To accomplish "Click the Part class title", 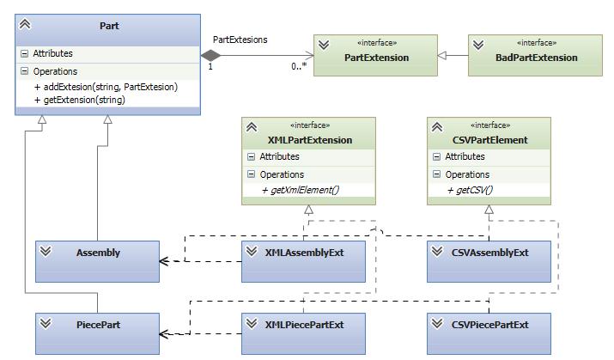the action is (x=109, y=26).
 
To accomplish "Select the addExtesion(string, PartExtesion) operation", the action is (x=106, y=87).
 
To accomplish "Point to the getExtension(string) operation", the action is (x=80, y=100).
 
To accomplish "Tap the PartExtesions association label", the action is (x=240, y=40).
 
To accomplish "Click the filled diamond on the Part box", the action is (x=210, y=55).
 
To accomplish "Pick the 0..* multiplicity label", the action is (x=299, y=66).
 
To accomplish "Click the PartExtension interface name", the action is (x=376, y=58).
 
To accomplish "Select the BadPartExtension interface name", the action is (x=536, y=58).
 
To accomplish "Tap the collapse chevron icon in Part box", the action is (x=25, y=24).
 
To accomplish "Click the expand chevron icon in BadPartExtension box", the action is (x=477, y=45).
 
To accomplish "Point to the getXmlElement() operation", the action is (x=300, y=190).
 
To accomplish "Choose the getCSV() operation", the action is (x=470, y=190).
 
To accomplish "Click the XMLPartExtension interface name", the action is (x=310, y=140).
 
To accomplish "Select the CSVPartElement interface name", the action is (x=489, y=140).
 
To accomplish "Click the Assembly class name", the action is (x=98, y=253).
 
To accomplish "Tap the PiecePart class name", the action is (x=98, y=325).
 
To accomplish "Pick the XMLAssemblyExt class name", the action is (x=304, y=253).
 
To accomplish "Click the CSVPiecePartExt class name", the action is (x=489, y=325).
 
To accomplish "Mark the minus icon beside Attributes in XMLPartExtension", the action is (x=251, y=156).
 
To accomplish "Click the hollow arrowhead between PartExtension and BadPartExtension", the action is (x=441, y=56).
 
